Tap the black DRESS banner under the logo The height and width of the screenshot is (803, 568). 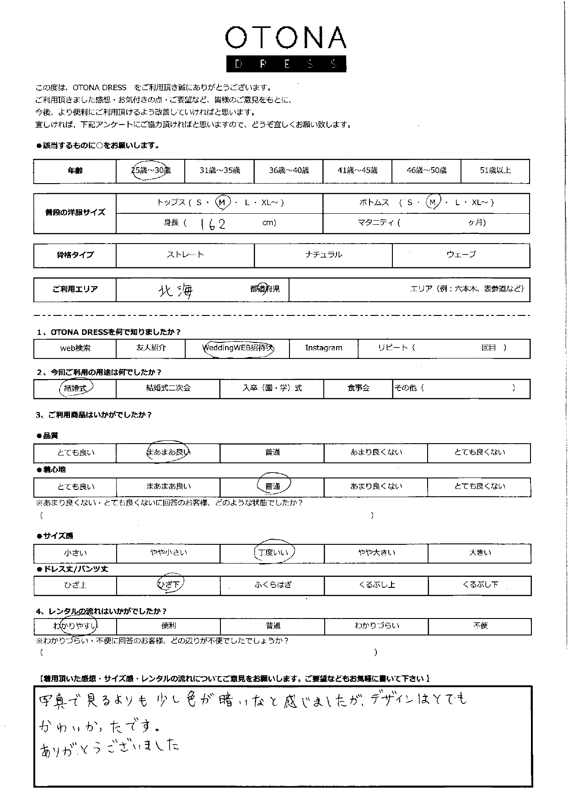click(x=286, y=64)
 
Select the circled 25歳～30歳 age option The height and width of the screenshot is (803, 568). click(x=150, y=170)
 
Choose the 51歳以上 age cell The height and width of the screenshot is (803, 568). click(x=495, y=170)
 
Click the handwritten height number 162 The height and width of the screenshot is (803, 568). click(x=212, y=224)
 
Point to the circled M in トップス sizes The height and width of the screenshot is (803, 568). click(x=222, y=202)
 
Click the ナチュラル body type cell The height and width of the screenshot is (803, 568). click(x=323, y=255)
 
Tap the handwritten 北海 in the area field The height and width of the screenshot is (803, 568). click(x=176, y=290)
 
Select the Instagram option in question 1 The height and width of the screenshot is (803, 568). click(x=324, y=348)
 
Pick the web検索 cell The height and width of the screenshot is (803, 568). click(x=75, y=348)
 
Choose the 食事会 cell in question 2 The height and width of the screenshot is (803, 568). click(x=358, y=388)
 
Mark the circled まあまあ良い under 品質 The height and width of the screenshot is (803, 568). click(x=168, y=452)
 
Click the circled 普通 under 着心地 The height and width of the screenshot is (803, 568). click(x=273, y=486)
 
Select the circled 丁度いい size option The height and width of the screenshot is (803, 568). click(x=273, y=553)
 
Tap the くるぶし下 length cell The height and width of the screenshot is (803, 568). click(x=480, y=585)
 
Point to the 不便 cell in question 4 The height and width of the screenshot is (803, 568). click(x=480, y=626)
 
